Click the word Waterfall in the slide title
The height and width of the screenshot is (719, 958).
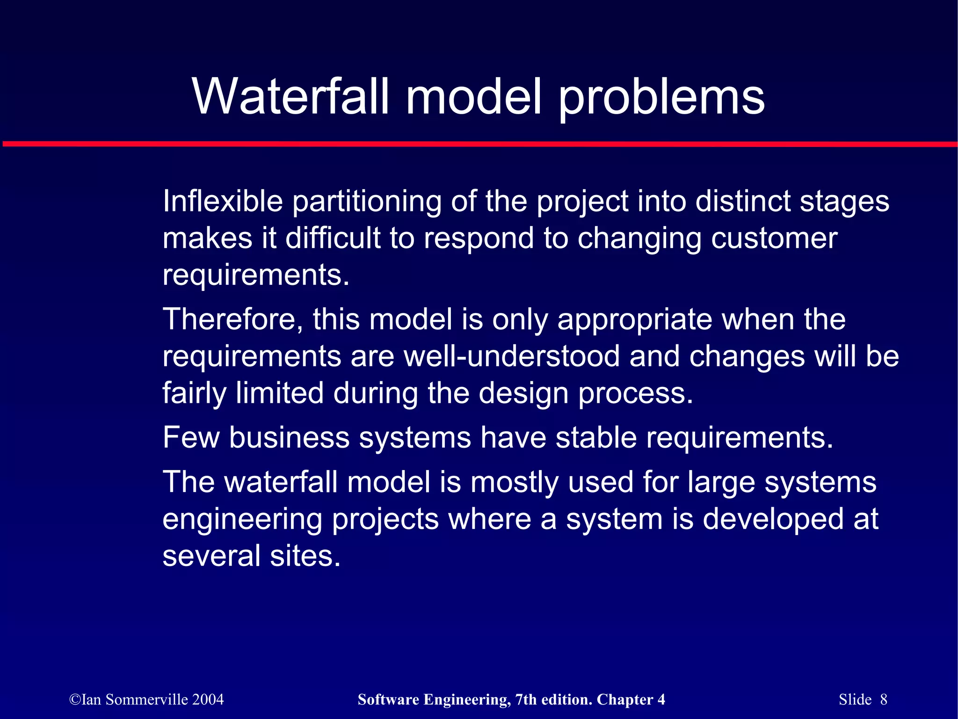[x=290, y=96]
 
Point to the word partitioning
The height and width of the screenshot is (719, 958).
[x=367, y=202]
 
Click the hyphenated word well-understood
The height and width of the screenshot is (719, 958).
[x=511, y=356]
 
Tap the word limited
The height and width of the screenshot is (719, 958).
[x=279, y=393]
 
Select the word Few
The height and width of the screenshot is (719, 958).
[x=191, y=438]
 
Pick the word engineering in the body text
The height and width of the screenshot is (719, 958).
[x=242, y=520]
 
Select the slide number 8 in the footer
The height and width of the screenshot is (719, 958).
[x=884, y=699]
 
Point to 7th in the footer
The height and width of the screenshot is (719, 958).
[x=525, y=699]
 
